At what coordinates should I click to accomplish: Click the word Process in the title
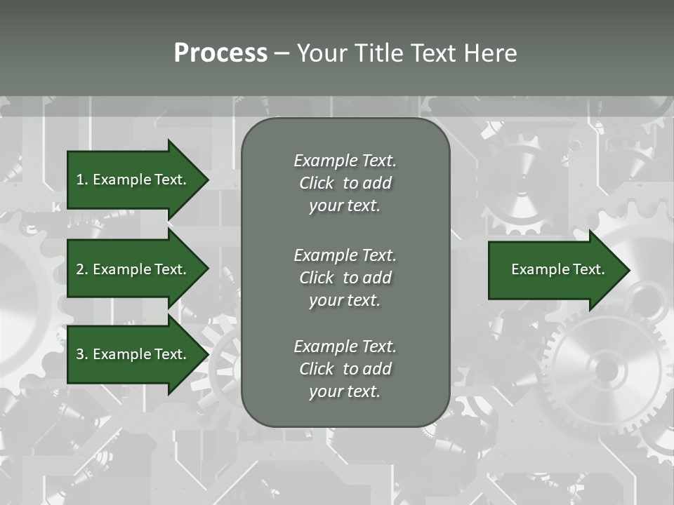click(220, 53)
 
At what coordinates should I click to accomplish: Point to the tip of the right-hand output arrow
click(628, 270)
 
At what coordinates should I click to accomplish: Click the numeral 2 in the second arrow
click(80, 269)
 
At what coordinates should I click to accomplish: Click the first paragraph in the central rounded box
click(345, 183)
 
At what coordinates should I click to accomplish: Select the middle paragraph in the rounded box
click(345, 278)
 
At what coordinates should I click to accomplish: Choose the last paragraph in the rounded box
click(345, 369)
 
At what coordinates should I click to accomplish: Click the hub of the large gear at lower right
click(606, 369)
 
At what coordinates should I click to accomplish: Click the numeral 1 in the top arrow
click(79, 180)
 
